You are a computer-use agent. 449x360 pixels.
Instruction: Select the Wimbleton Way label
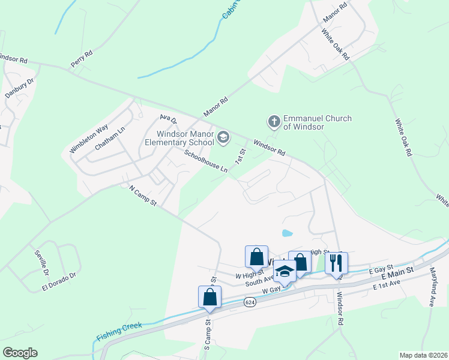pyautogui.click(x=88, y=138)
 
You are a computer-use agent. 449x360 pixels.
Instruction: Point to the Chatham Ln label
pyautogui.click(x=109, y=139)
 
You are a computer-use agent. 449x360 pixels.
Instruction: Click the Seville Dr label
pyautogui.click(x=41, y=262)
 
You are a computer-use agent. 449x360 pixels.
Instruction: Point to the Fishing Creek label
pyautogui.click(x=119, y=329)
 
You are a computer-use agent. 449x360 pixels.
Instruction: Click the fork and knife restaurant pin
pyautogui.click(x=336, y=262)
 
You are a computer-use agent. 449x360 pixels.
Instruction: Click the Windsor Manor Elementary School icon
pyautogui.click(x=223, y=138)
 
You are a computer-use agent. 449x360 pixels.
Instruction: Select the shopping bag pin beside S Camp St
pyautogui.click(x=209, y=297)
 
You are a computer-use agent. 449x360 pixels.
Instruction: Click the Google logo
pyautogui.click(x=20, y=353)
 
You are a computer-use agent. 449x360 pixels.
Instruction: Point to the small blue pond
pyautogui.click(x=287, y=233)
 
